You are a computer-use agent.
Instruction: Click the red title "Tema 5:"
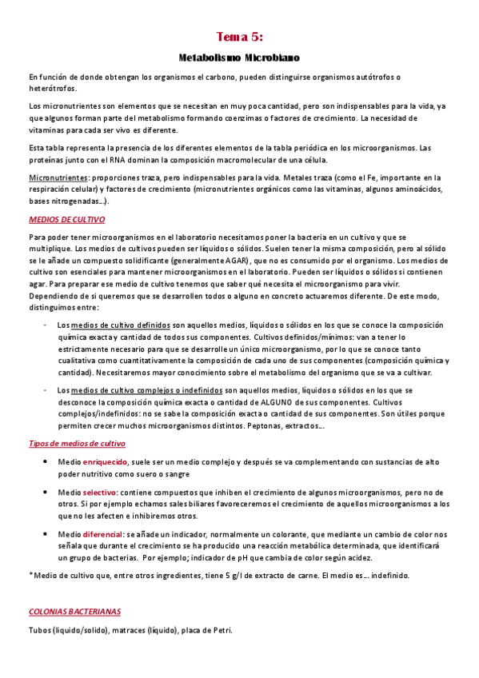[x=239, y=37]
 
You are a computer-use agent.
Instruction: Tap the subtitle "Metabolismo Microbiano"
[x=238, y=58]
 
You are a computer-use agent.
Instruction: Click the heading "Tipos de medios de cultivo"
[x=77, y=443]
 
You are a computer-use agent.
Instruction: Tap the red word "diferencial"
[x=103, y=534]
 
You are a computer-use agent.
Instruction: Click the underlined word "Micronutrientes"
[x=58, y=177]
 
